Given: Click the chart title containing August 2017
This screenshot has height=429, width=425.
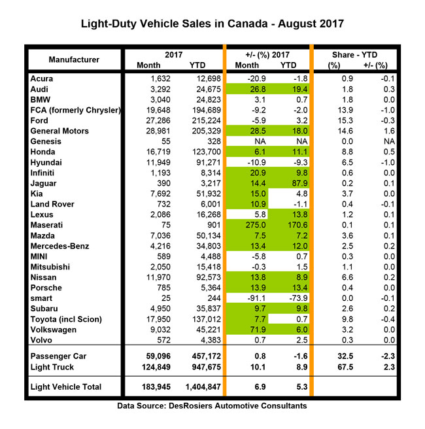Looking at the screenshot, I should tap(212, 26).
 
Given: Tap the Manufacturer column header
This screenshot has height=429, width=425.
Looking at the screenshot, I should tap(74, 60).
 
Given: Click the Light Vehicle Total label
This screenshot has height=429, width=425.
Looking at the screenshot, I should tap(66, 387).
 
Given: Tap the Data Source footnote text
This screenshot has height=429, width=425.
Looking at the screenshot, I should tap(212, 406).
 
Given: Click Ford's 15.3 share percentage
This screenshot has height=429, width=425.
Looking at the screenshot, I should tap(338, 120).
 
